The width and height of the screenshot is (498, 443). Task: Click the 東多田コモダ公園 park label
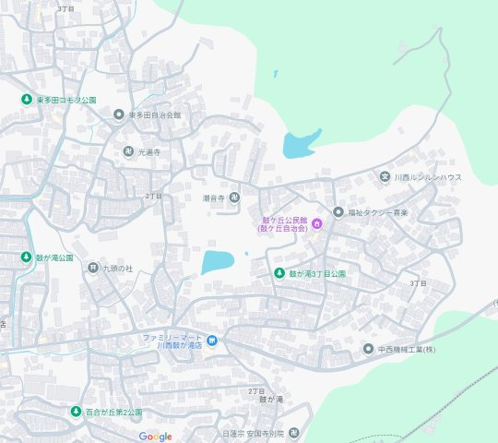point(66,99)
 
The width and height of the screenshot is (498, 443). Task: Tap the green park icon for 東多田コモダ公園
point(27,99)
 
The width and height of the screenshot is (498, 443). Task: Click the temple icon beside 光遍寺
point(128,150)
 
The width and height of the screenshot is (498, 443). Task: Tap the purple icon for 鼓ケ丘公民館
point(316,221)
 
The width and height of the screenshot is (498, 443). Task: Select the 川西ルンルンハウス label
point(428,176)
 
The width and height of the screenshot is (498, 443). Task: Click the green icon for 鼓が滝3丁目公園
point(279,273)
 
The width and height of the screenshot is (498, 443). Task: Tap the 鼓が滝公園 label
point(53,257)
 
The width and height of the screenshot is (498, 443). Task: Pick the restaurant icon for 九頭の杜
point(92,268)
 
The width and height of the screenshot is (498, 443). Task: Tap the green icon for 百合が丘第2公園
point(76,412)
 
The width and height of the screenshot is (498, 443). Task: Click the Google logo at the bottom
point(156,436)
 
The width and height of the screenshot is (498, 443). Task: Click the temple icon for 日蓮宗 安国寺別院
point(293,432)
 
